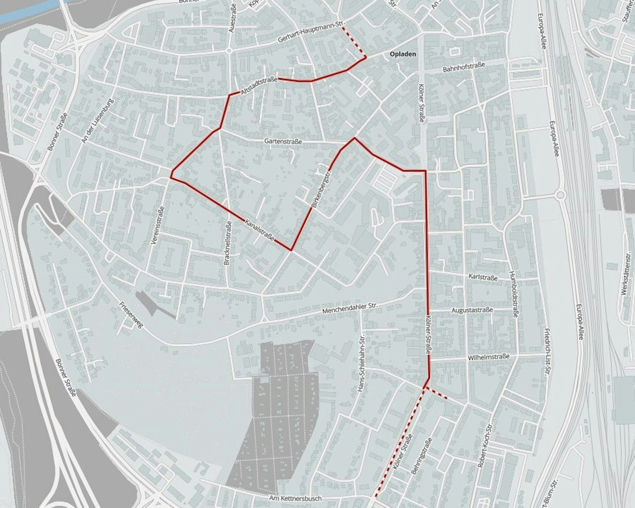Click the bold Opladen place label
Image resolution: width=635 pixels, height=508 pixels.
pyautogui.click(x=403, y=54)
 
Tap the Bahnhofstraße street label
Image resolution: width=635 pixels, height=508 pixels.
pyautogui.click(x=464, y=67)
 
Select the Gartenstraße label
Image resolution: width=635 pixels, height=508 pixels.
pyautogui.click(x=283, y=142)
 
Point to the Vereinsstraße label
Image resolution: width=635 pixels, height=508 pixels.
pyautogui.click(x=157, y=225)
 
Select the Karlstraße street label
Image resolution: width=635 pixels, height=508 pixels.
pyautogui.click(x=483, y=277)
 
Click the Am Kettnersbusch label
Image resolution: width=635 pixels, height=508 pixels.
pyautogui.click(x=295, y=498)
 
